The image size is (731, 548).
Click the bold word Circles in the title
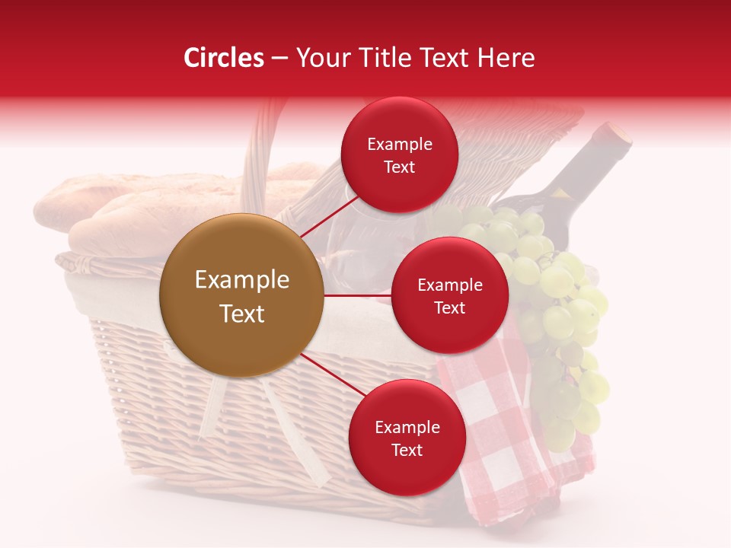click(x=224, y=58)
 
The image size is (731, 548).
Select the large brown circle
click(x=241, y=295)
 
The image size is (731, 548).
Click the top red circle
click(x=399, y=155)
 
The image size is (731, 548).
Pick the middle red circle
click(x=449, y=295)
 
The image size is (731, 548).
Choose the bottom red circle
click(x=407, y=438)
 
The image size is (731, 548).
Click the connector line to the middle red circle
click(x=358, y=295)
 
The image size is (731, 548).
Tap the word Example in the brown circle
click(x=242, y=280)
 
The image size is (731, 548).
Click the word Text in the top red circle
click(x=399, y=167)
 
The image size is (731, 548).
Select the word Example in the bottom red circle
click(x=407, y=427)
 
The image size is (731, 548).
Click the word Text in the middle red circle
click(x=449, y=307)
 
